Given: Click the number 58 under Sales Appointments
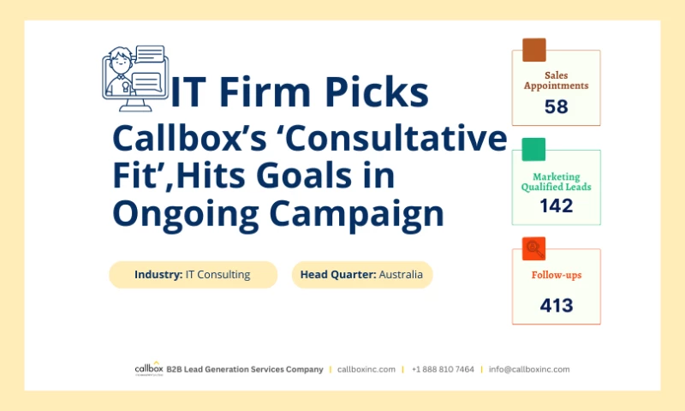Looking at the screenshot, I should pyautogui.click(x=556, y=107).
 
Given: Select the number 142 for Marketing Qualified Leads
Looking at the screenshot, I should pyautogui.click(x=556, y=205).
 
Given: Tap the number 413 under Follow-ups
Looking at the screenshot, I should pyautogui.click(x=556, y=305).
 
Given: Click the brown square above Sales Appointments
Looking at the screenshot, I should pyautogui.click(x=534, y=50).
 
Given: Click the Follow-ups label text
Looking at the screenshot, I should pyautogui.click(x=556, y=275).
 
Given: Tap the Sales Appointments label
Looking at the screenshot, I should pyautogui.click(x=556, y=80).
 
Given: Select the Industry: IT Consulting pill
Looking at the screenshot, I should pyautogui.click(x=193, y=275).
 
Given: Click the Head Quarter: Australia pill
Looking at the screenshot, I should pyautogui.click(x=361, y=275).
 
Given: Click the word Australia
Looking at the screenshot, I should pyautogui.click(x=401, y=275).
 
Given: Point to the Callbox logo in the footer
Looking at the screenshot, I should pyautogui.click(x=147, y=369).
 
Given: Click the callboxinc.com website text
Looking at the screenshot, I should pyautogui.click(x=366, y=369).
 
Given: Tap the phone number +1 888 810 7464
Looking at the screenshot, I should pyautogui.click(x=443, y=369).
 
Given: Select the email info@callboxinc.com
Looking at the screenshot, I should pyautogui.click(x=529, y=369).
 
